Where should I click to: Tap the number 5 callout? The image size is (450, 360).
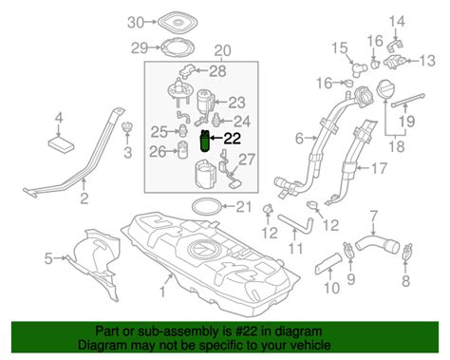pyautogui.click(x=49, y=257)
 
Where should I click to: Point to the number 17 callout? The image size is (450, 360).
pyautogui.click(x=378, y=171)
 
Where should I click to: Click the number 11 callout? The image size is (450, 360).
pyautogui.click(x=296, y=251)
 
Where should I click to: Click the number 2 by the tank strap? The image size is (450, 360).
pyautogui.click(x=84, y=199)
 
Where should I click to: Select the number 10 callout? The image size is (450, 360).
pyautogui.click(x=330, y=288)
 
